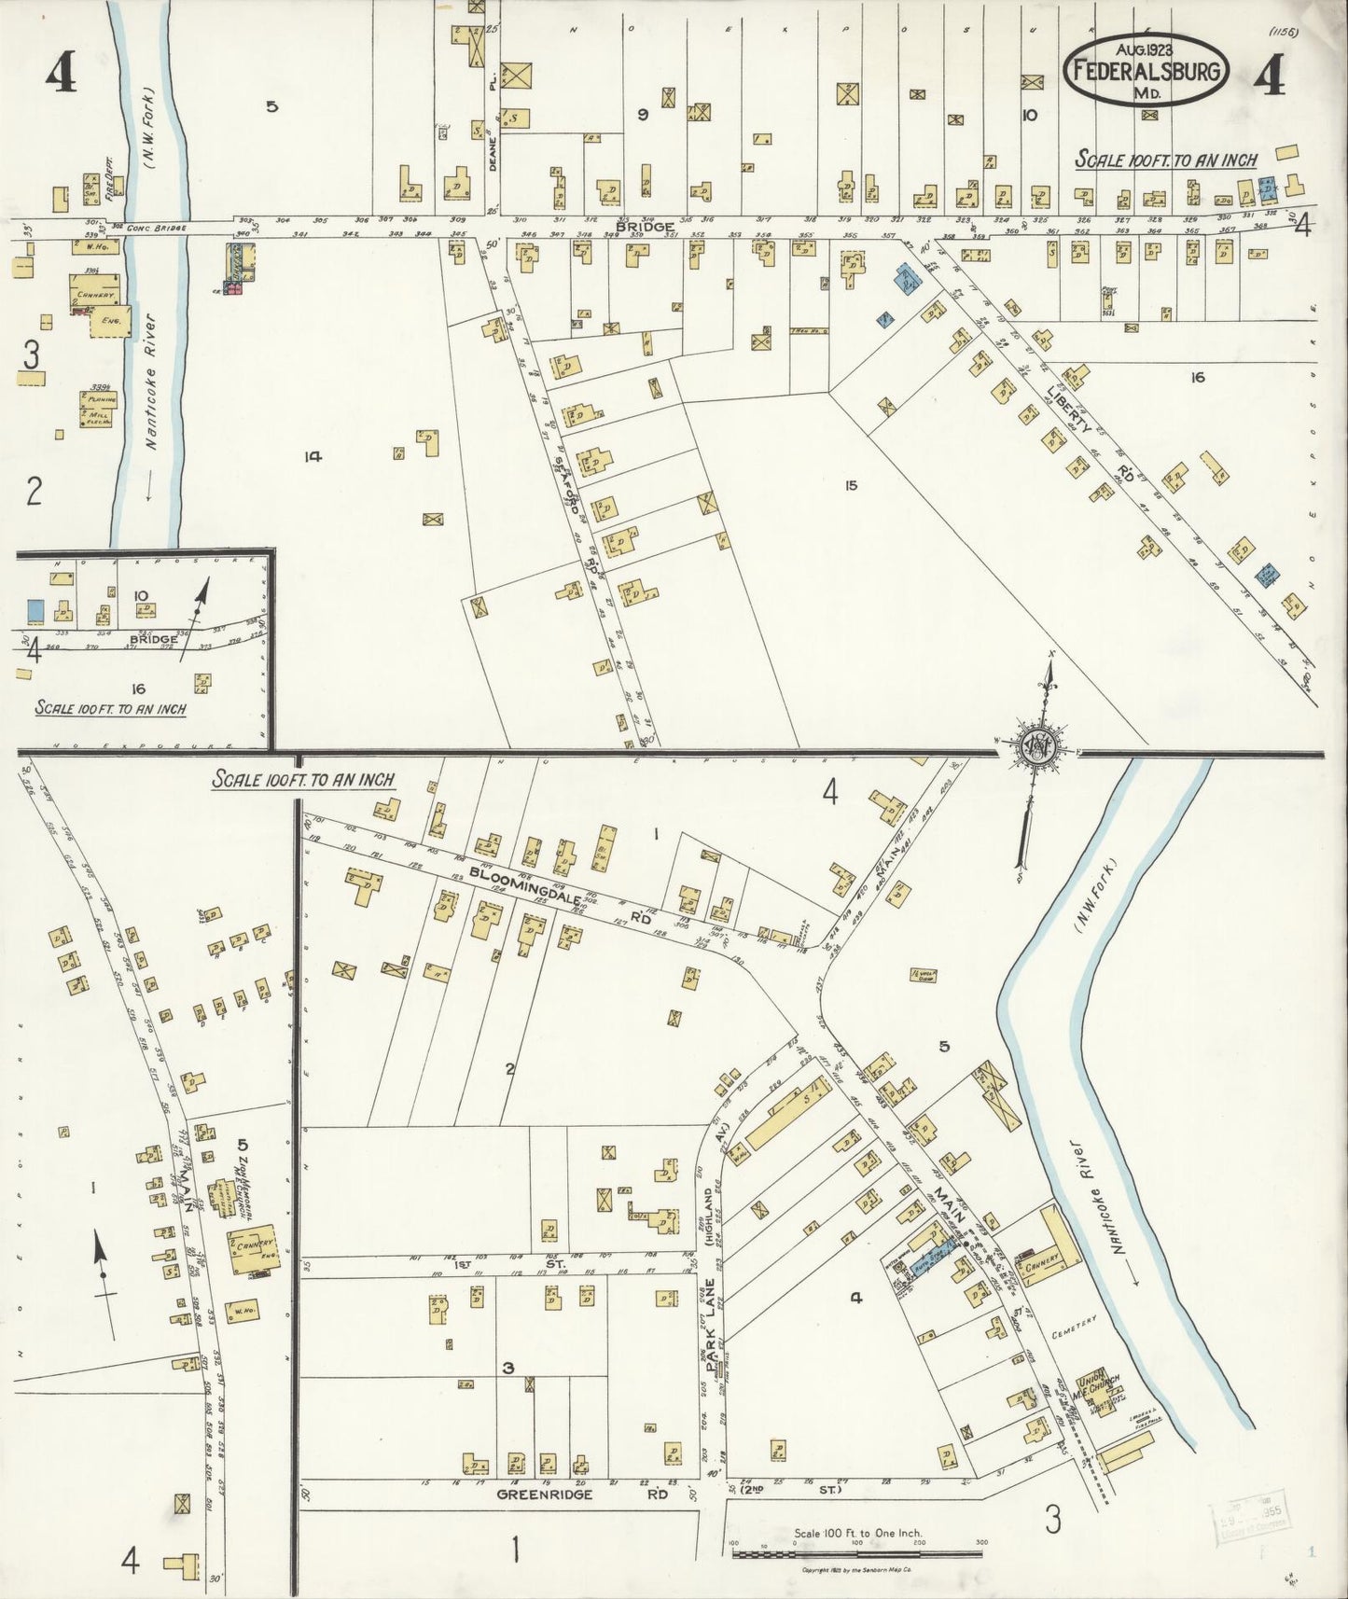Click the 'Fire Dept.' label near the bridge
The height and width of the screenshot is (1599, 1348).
(x=110, y=189)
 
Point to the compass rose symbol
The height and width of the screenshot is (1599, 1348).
(x=1038, y=746)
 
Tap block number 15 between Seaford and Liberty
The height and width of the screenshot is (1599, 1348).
(x=850, y=485)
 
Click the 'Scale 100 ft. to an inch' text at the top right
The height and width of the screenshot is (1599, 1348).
(x=1165, y=160)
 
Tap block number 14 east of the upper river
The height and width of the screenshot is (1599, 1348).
(x=313, y=456)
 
